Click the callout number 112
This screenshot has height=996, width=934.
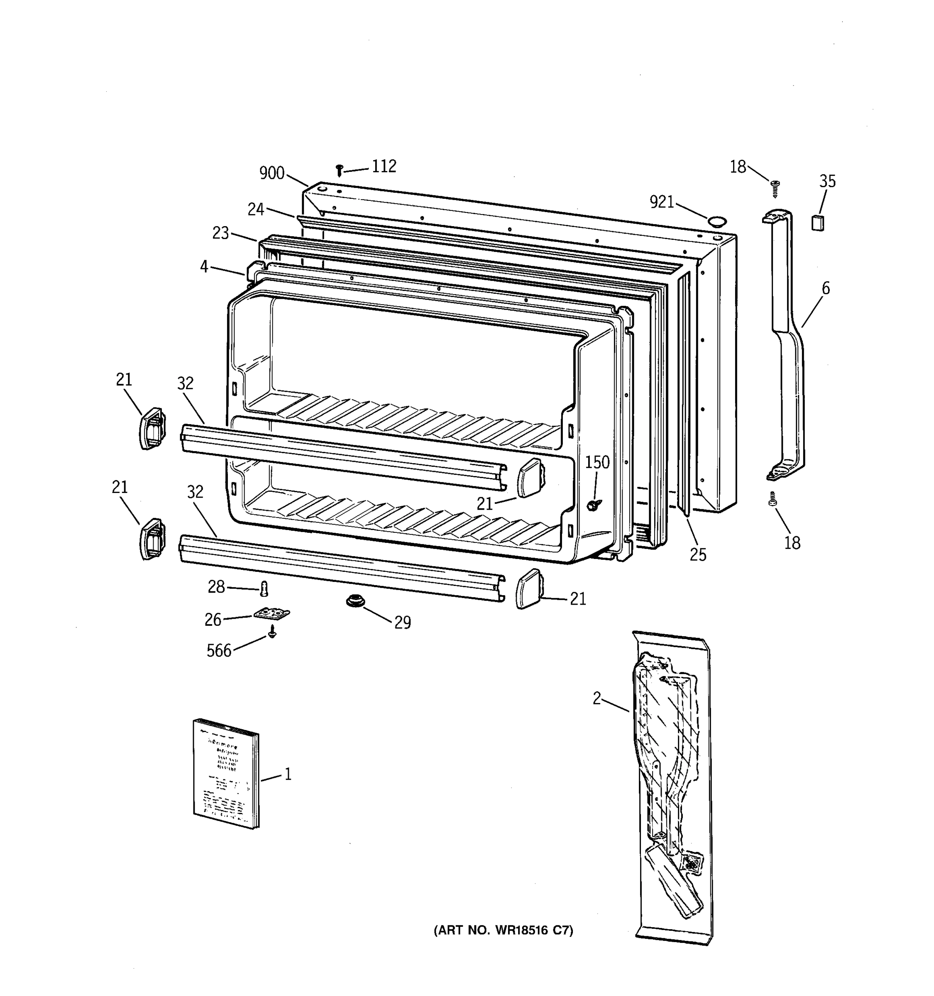point(384,166)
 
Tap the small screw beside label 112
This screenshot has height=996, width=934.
point(339,170)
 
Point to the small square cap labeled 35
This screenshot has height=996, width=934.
point(817,222)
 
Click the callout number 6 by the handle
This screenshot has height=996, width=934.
point(825,288)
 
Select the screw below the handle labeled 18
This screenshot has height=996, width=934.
point(772,499)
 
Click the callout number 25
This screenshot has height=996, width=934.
point(697,554)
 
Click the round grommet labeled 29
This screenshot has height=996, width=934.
point(355,600)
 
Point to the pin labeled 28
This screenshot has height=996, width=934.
point(264,588)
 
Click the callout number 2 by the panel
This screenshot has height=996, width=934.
point(596,698)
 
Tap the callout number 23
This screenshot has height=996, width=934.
point(220,233)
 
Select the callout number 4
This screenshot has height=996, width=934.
point(204,266)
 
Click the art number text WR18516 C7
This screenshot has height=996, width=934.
point(503,930)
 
